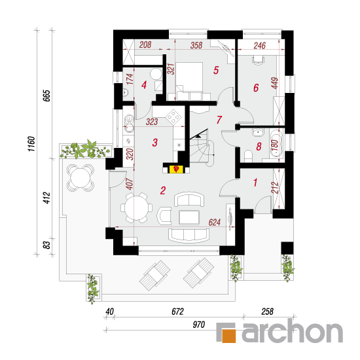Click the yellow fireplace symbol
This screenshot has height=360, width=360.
pos(176,170)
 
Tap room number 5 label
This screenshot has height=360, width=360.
pos(216,70)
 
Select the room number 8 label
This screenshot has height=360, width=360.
pos(259,147)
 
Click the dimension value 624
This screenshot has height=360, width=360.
pos(215,223)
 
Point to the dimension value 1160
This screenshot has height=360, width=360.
pos(31,144)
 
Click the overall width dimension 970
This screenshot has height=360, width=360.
pos(198,325)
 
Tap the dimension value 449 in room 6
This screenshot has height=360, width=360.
pos(275,83)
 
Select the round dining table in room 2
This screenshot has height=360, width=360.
pos(136,207)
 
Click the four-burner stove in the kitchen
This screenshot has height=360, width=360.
pos(174,117)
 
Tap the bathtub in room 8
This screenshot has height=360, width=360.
pos(276,143)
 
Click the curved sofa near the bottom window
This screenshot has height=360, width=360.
pos(189,235)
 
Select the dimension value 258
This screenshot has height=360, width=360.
pos(267,312)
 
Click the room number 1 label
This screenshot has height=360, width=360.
pos(255,183)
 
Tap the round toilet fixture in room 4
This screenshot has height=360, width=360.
pos(156,74)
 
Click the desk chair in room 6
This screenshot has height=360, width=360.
pos(259,60)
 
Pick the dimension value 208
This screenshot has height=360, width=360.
pos(145,45)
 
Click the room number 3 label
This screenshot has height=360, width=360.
pos(155,143)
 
